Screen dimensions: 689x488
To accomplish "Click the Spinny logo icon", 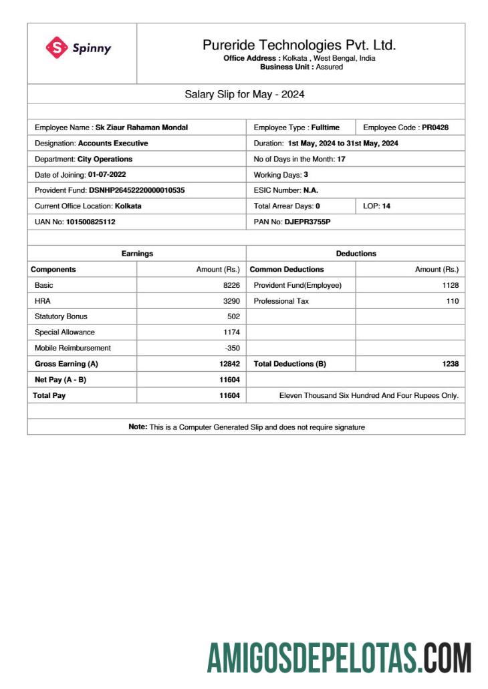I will (x=57, y=47).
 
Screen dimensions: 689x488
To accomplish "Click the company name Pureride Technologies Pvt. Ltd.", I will (x=299, y=45).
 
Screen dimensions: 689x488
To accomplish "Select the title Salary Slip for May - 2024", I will (x=245, y=94).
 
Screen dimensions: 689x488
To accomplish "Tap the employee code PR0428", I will (x=435, y=127).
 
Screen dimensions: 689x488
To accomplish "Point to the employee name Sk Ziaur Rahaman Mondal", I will (x=142, y=127).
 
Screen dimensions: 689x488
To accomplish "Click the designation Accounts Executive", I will (x=113, y=143).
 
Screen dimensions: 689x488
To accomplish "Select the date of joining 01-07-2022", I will (x=107, y=174).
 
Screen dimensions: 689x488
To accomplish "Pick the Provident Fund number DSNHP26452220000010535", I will (x=137, y=190).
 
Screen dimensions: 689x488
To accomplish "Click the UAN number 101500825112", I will (x=90, y=222).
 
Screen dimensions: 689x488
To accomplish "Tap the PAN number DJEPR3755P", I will (x=308, y=222).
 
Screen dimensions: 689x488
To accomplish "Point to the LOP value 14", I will (x=386, y=206).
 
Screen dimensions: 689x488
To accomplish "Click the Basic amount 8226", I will (x=231, y=285).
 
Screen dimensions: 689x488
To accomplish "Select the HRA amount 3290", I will (x=231, y=301).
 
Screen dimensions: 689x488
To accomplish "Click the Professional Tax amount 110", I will (x=453, y=301).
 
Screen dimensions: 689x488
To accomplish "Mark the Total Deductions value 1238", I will (x=451, y=364).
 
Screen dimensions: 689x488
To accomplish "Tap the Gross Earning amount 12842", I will (x=229, y=364).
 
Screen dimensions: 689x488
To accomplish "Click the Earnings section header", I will (x=137, y=254).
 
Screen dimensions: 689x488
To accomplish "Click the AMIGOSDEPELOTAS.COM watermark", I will (x=339, y=658).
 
